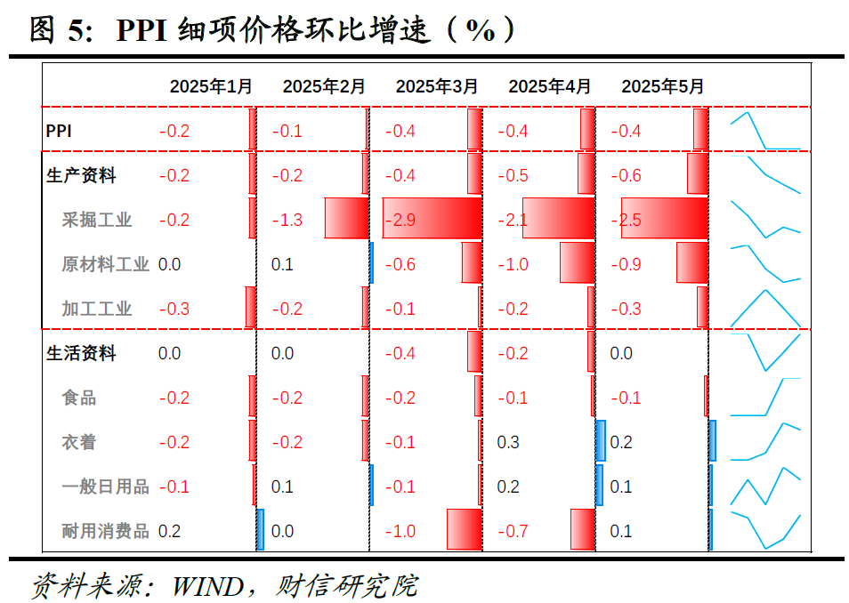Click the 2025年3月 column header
[436, 86]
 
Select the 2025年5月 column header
[662, 86]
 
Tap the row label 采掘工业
[97, 220]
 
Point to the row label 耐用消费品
[105, 531]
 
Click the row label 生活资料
[81, 353]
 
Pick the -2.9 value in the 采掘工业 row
[400, 220]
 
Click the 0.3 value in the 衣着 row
[508, 442]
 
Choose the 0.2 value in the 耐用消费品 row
[169, 531]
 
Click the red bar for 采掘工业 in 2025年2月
[346, 218]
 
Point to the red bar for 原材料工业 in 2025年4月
[577, 263]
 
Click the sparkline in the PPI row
[765, 131]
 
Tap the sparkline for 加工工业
[765, 309]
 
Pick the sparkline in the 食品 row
[765, 398]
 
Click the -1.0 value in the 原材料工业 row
[513, 264]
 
